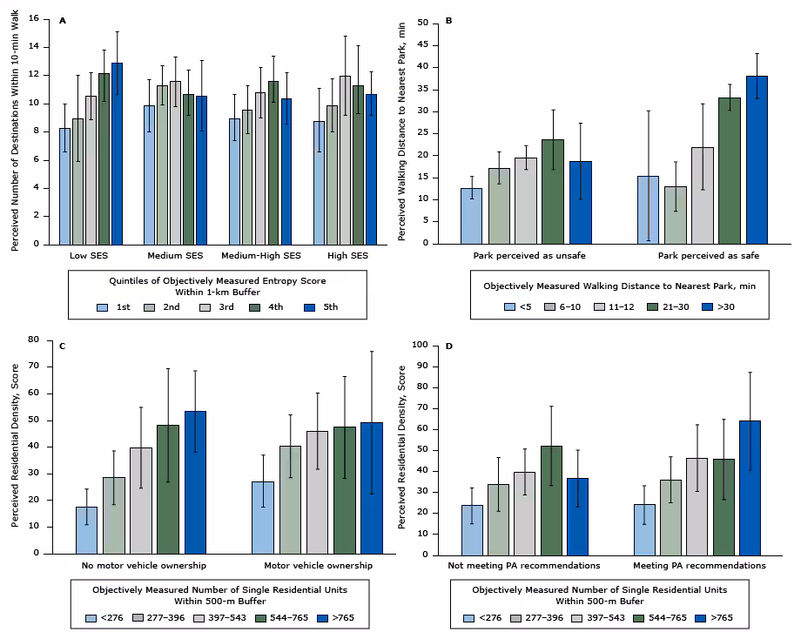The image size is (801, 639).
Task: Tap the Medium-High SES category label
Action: tap(261, 255)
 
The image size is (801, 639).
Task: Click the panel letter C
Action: tap(62, 347)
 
